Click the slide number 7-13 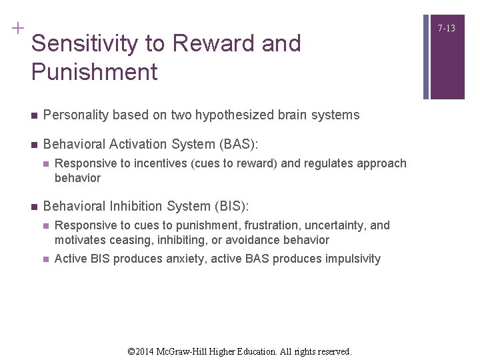[447, 28]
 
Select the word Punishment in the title [94, 72]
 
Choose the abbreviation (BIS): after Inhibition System [227, 206]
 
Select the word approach [381, 163]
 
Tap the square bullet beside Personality [33, 115]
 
